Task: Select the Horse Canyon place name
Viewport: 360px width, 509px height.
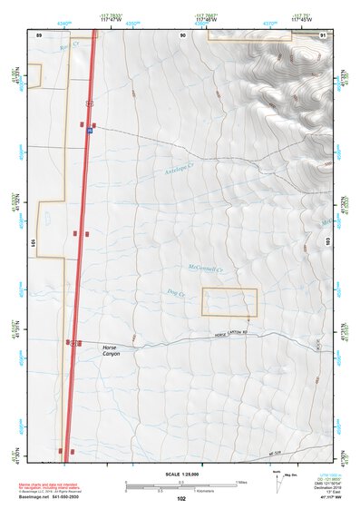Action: click(111, 350)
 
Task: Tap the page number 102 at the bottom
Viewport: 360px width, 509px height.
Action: click(181, 499)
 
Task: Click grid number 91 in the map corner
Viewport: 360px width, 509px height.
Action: click(324, 34)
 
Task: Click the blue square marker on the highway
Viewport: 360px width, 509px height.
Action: click(90, 132)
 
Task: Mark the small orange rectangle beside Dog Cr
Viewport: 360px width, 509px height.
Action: click(229, 301)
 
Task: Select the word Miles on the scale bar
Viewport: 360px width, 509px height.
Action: click(241, 482)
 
